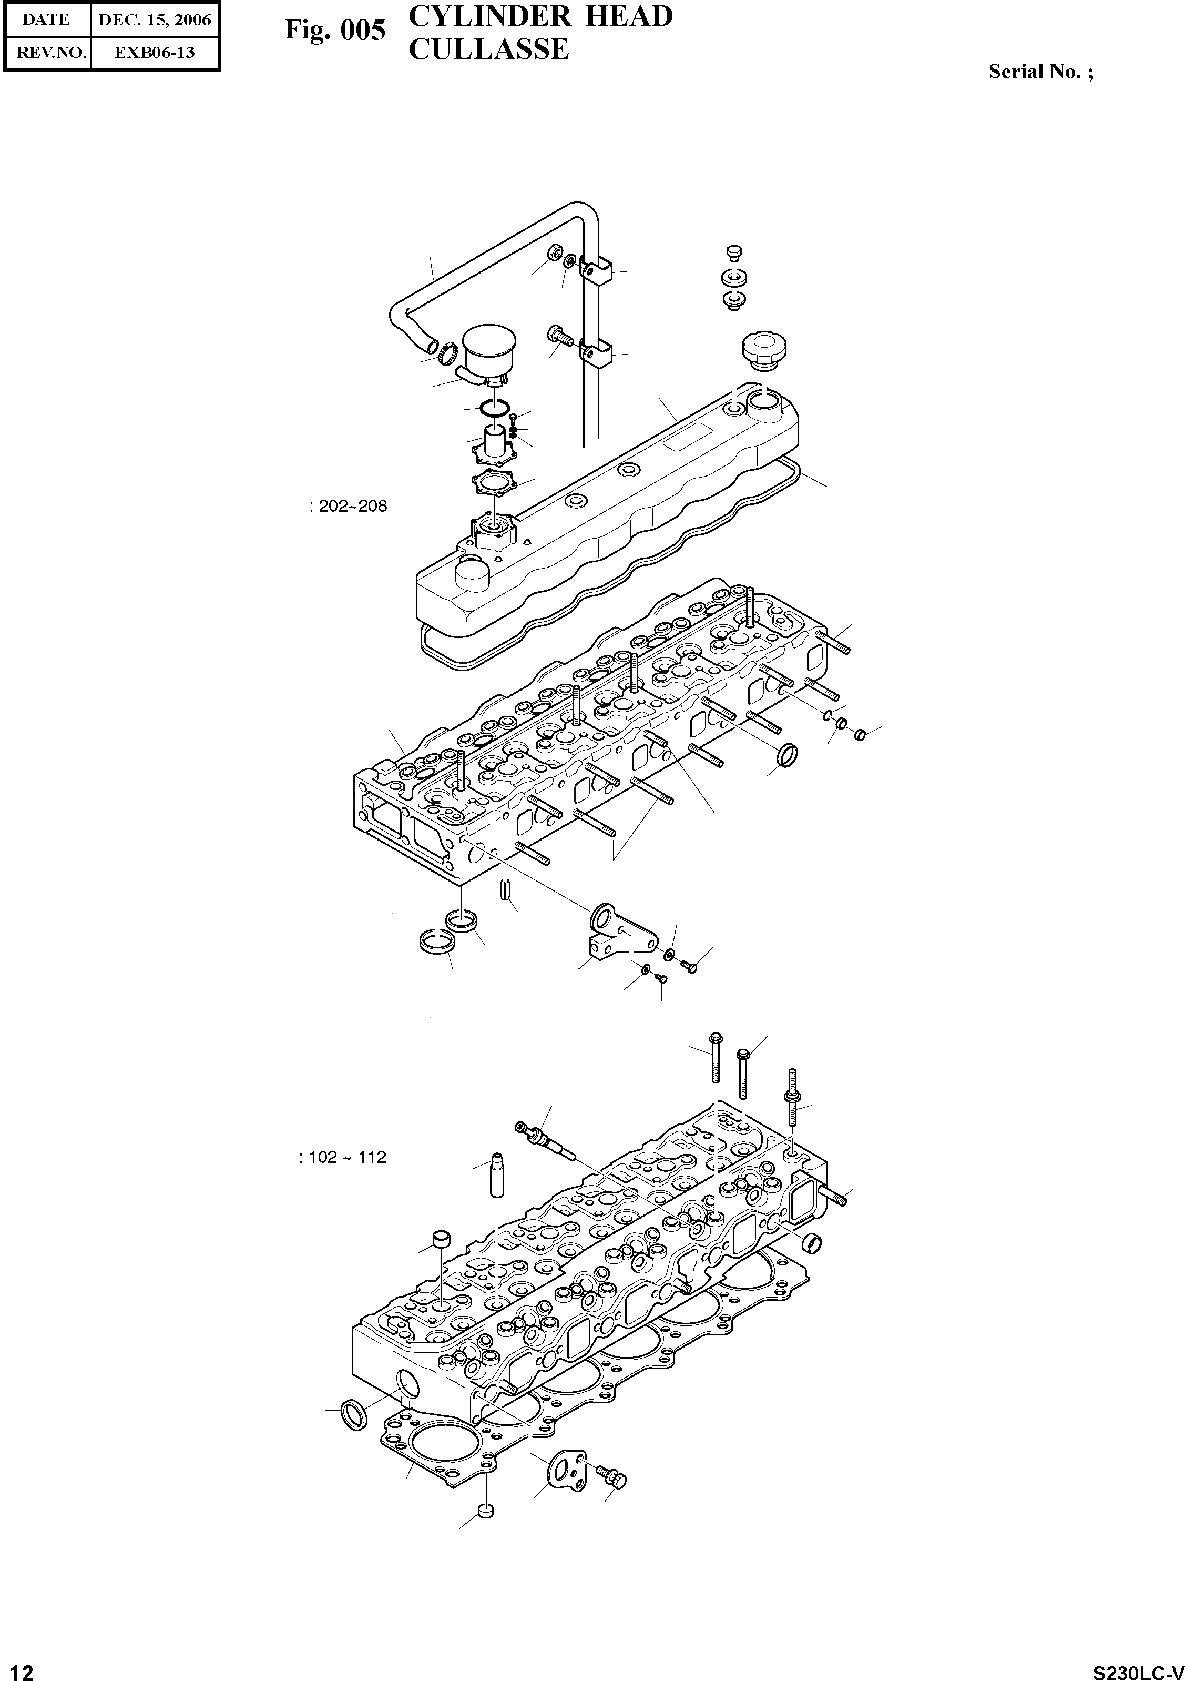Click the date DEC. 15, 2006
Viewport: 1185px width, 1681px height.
point(155,20)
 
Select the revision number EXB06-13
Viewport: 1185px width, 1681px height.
point(155,53)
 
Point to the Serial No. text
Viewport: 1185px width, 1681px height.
point(1040,72)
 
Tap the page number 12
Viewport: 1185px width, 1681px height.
point(17,1671)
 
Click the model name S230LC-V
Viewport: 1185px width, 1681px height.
point(1138,1672)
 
